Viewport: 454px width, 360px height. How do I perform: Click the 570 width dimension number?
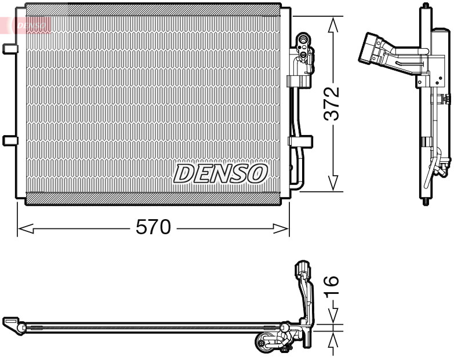click(x=153, y=228)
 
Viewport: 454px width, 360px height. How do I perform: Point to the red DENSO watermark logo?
click(x=30, y=25)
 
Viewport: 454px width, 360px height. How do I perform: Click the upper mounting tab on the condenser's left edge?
click(x=10, y=49)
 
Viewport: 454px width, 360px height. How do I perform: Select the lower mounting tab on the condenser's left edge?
click(x=10, y=140)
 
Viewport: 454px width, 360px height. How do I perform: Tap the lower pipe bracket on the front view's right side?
click(x=300, y=141)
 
